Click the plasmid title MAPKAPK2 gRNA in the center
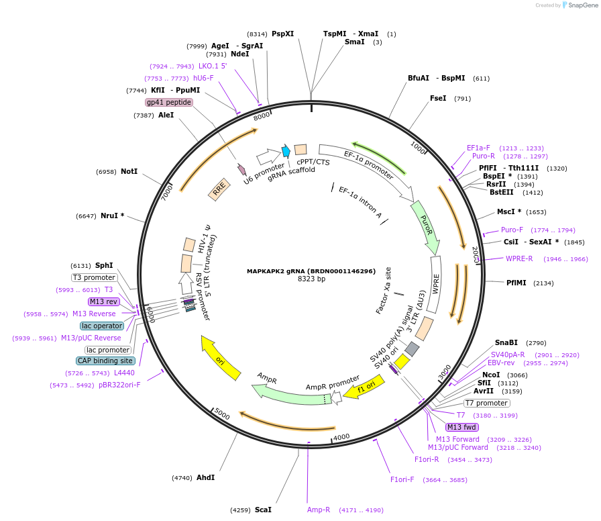[311, 271]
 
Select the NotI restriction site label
[129, 172]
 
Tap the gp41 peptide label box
[169, 103]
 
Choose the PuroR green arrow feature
[425, 227]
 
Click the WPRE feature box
[435, 285]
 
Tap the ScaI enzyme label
[263, 510]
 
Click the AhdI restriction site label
[205, 478]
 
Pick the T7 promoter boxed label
[487, 404]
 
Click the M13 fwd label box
[462, 428]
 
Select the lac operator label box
[102, 326]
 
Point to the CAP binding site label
[105, 361]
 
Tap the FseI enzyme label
[438, 98]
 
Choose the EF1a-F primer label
[478, 148]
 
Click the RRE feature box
[219, 191]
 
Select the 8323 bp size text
[311, 279]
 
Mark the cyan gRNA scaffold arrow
[286, 151]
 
